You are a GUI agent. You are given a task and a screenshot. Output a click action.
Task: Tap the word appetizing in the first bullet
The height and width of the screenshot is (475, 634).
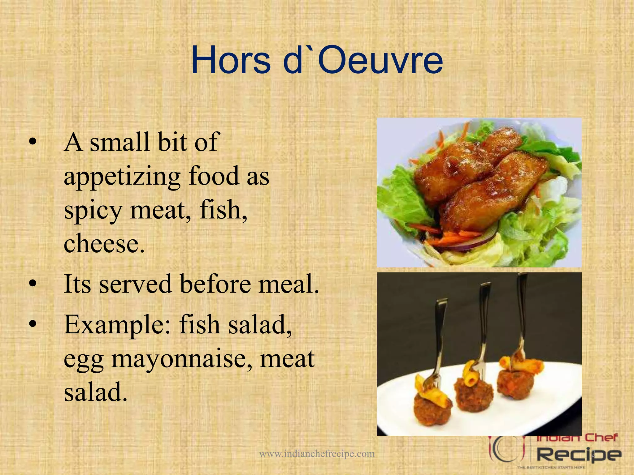(122, 177)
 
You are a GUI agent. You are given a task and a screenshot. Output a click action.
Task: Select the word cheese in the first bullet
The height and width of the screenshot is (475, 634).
(104, 243)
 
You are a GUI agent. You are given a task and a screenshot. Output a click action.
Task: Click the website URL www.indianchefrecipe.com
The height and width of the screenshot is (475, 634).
(317, 454)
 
